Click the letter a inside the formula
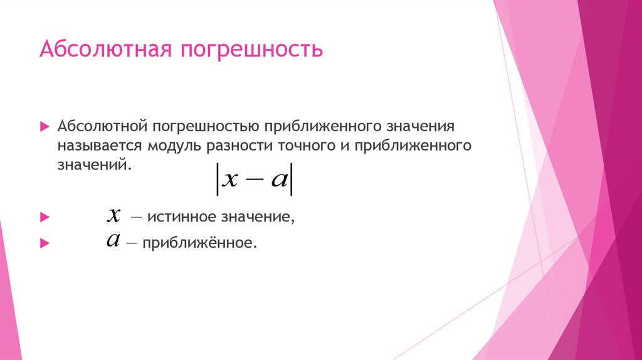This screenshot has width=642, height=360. tap(277, 179)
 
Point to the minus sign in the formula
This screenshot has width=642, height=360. tap(253, 180)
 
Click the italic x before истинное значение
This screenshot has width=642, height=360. tap(113, 216)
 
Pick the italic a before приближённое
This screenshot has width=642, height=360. tap(113, 240)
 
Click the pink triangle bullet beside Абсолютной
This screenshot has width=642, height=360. tap(44, 127)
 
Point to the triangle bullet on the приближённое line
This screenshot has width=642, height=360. tap(44, 243)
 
